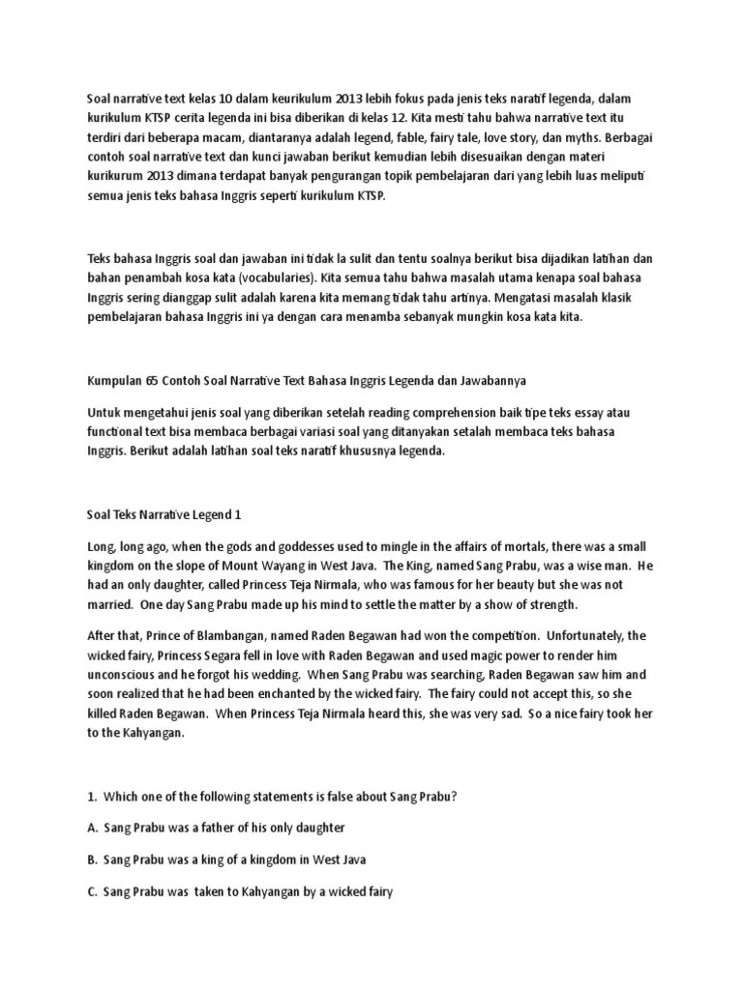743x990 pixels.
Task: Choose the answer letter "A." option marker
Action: [x=93, y=829]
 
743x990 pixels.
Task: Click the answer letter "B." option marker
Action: [x=93, y=860]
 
